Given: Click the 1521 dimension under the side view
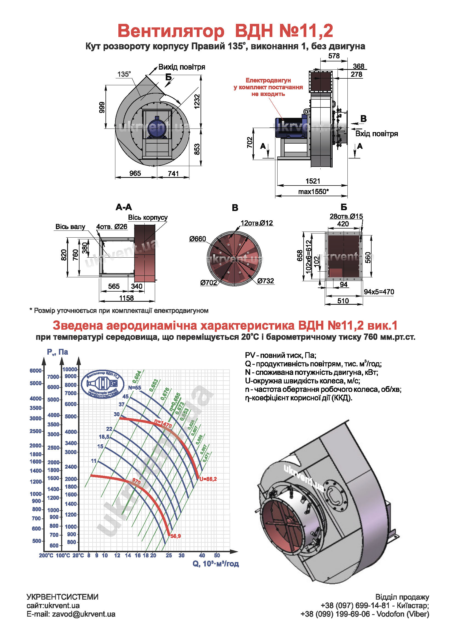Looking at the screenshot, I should coord(313,181).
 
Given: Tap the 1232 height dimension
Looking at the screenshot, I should coord(197,101).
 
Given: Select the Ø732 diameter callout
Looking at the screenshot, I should coord(266,281).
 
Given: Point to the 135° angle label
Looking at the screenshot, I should coord(124,74).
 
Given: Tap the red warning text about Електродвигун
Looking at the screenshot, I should coord(268,87).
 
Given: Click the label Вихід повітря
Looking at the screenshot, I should coord(181,67).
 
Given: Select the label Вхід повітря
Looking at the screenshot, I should coord(376,134).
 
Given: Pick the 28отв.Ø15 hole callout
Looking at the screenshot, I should coord(346,216).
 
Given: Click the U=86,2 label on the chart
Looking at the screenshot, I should coord(208,479).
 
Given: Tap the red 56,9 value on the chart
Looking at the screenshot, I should coord(176,536).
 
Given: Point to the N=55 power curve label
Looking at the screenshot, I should coord(135,388).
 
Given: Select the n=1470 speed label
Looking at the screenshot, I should coord(163,424).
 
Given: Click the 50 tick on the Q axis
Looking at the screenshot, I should coord(217,555).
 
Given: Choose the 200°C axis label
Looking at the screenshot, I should coord(46,555).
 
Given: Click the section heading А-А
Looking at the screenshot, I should coord(124,207).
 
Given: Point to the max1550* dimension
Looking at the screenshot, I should coord(313,192).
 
